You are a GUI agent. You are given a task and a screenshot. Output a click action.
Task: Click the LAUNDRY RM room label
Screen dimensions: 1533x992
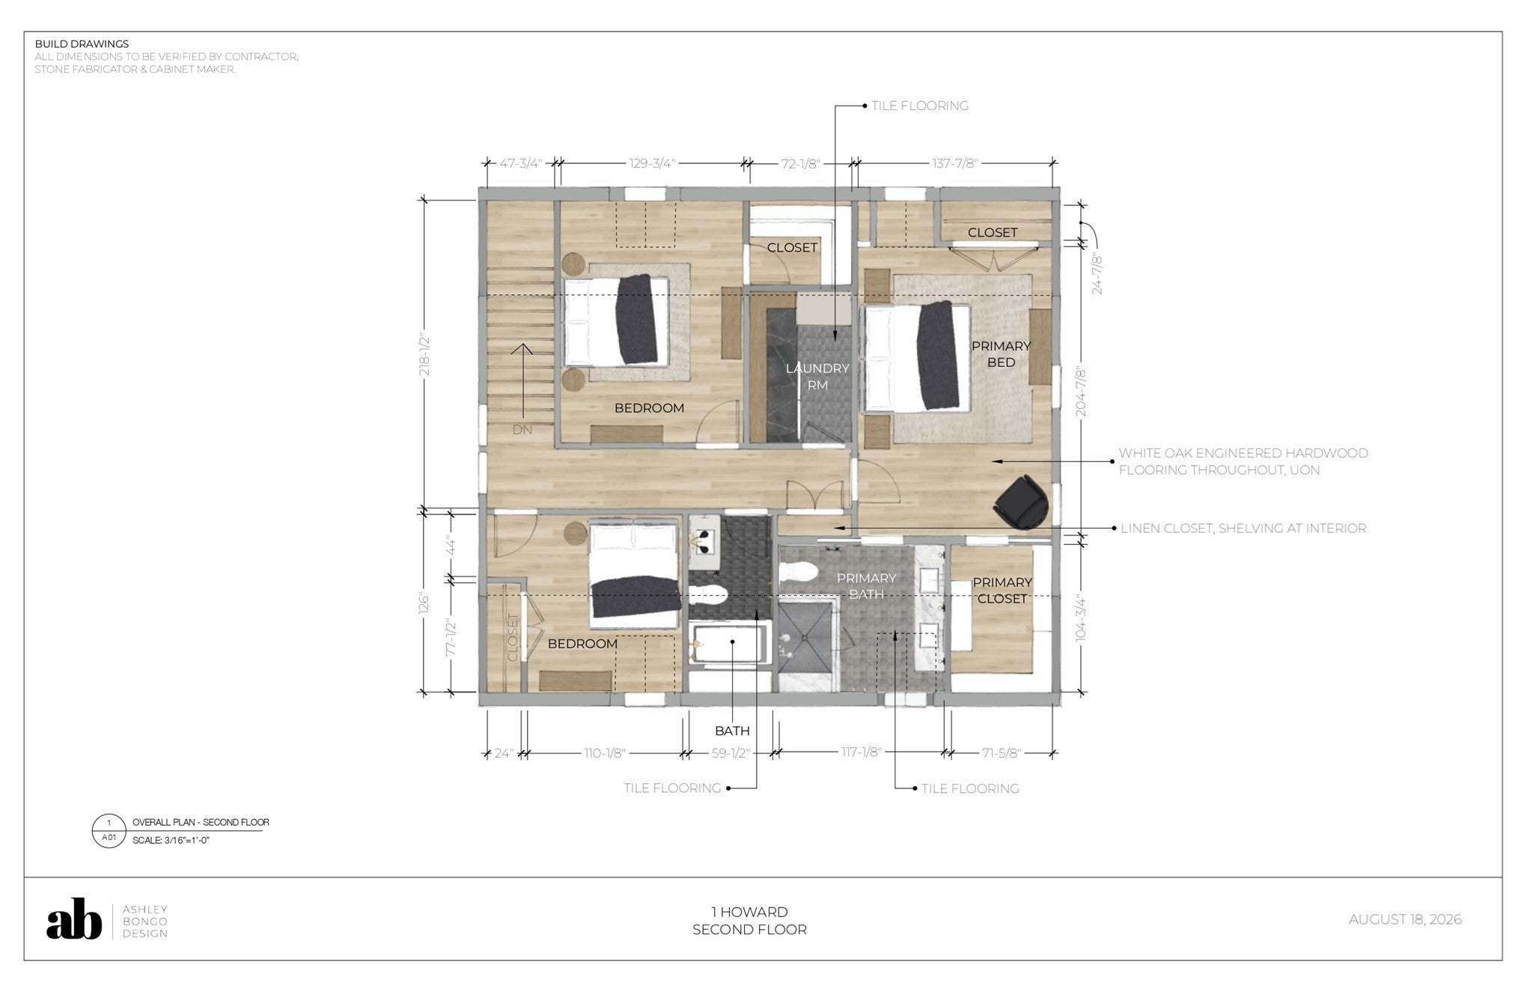817,377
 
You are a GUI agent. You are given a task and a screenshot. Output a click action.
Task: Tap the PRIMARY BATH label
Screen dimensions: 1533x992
866,586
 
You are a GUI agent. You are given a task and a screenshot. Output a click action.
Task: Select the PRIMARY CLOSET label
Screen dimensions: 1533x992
1002,591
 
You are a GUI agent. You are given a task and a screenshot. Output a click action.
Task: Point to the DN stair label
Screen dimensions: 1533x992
522,430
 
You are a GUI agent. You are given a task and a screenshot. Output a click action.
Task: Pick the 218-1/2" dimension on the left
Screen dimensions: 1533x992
424,353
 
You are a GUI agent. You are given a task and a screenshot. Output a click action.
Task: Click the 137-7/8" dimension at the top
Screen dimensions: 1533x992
954,163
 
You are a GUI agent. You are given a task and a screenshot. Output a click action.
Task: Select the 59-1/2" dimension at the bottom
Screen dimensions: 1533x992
731,753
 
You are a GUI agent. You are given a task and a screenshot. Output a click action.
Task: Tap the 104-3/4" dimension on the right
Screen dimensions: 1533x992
1079,618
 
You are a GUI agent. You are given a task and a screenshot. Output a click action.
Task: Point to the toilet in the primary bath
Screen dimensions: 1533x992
797,573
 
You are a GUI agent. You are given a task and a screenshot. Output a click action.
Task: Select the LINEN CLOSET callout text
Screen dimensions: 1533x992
1243,529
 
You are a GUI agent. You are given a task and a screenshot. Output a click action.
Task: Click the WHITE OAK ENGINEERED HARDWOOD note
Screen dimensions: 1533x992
1243,462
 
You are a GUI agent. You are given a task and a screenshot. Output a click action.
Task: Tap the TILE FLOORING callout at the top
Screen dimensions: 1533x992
920,106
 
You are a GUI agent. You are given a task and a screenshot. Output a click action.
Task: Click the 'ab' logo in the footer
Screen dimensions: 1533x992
74,919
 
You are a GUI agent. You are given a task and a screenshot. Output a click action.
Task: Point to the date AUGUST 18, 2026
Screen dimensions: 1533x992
1405,919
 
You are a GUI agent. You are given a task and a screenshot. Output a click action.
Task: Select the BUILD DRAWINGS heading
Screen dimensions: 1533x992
82,44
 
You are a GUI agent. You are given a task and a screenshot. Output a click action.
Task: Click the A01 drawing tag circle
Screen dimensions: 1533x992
109,831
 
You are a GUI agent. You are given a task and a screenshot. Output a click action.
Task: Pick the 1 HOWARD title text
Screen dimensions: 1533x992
749,912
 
